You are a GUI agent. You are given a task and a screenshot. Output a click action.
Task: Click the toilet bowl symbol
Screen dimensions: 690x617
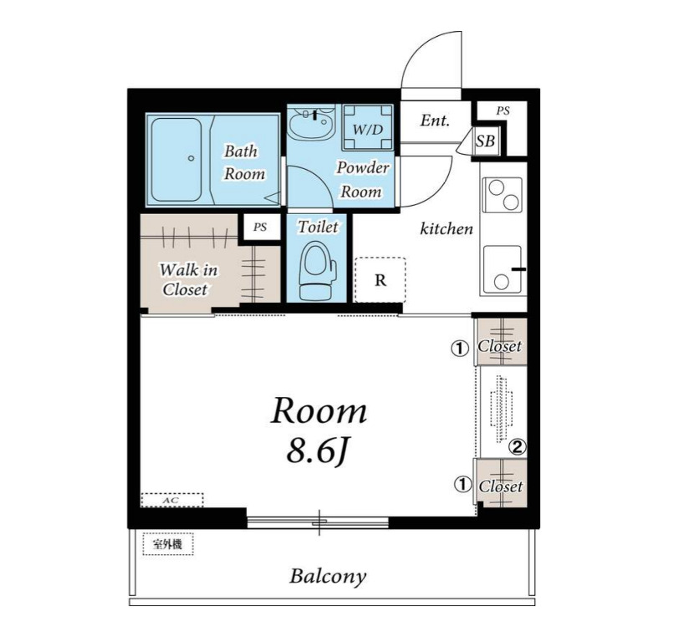[x=318, y=271]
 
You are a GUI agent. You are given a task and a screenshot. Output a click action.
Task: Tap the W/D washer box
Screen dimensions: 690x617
[x=368, y=128]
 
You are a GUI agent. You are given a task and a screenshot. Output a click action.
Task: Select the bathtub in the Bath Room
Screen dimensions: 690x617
[x=176, y=159]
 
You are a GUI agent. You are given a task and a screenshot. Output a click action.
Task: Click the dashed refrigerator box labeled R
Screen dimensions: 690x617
[x=381, y=280]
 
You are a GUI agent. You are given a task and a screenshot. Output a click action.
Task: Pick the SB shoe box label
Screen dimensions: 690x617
[x=485, y=141]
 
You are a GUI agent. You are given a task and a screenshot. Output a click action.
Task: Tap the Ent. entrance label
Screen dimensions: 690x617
[x=435, y=120]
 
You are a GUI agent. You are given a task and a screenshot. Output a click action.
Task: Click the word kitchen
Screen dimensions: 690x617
[x=447, y=229]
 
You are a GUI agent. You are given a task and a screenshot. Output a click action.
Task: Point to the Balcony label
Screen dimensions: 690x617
[x=328, y=576]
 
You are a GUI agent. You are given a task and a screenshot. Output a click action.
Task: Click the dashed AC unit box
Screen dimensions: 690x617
[x=172, y=500]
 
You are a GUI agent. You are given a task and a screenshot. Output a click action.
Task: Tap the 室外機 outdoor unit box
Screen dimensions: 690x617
[x=167, y=544]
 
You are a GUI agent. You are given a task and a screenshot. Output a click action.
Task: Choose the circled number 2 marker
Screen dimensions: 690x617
[x=517, y=447]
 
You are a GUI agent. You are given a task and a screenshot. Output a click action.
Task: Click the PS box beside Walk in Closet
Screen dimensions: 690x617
[x=260, y=227]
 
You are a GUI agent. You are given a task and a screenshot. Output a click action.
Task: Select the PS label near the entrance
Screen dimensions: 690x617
[x=503, y=110]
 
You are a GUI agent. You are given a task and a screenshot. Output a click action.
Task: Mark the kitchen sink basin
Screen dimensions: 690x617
[x=503, y=269]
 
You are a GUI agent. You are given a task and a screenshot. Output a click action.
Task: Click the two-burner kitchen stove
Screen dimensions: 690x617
[x=503, y=194]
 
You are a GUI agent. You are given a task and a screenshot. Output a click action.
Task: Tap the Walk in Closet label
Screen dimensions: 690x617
[x=188, y=280]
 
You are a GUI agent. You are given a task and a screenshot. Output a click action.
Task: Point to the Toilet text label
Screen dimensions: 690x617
[x=318, y=227]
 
